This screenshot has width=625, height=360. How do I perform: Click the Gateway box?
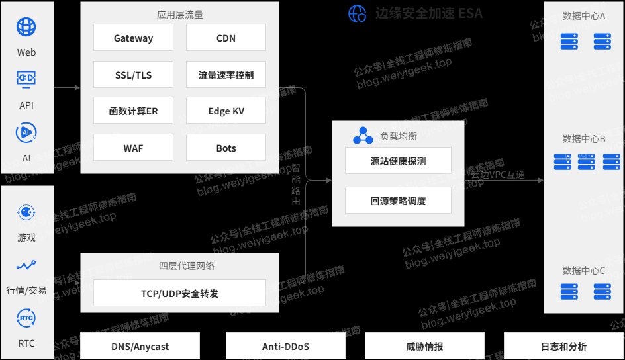tap(133, 38)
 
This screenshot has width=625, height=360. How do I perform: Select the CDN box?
tap(226, 38)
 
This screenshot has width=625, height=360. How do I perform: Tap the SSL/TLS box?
tap(133, 75)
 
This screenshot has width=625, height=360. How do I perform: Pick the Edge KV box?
tap(226, 111)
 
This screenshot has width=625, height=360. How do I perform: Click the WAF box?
tap(133, 148)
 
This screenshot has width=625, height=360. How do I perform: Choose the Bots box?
tap(226, 148)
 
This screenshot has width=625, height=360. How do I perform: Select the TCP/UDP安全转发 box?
tap(179, 293)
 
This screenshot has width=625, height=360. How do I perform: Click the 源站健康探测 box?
tap(398, 161)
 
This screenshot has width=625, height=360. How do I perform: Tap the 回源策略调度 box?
tap(398, 201)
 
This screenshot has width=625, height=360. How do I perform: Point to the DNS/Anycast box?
tap(140, 347)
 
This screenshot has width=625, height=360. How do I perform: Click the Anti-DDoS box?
tap(285, 347)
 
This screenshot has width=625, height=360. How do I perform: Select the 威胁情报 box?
tap(424, 347)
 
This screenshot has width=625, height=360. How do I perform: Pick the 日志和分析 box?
tap(563, 347)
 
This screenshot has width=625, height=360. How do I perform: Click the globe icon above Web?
tap(26, 27)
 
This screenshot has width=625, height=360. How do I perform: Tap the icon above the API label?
tap(26, 79)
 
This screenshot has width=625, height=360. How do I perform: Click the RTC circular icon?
tap(26, 318)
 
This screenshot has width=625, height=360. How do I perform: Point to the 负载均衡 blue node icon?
tap(363, 136)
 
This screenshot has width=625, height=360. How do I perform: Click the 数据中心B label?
tap(584, 139)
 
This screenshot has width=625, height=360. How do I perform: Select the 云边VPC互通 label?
tap(498, 175)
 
